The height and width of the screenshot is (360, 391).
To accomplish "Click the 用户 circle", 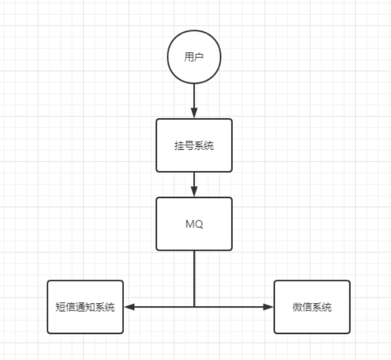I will point(194,57).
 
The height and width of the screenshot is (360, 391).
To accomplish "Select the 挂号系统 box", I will point(194,145).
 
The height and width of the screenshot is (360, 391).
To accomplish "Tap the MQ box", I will point(194,223).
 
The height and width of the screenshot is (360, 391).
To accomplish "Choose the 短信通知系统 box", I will point(85,307).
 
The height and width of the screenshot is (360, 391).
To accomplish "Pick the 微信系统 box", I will point(312,307).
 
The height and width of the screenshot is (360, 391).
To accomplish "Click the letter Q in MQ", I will point(199,224).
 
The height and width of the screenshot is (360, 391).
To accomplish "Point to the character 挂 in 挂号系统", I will point(179,146).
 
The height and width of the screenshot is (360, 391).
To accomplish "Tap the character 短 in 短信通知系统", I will point(59,307).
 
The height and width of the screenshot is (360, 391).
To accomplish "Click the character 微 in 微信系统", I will point(297,307).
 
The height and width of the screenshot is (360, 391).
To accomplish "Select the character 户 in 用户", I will point(199,58).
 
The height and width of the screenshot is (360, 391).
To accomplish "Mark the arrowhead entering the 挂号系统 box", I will point(194,114).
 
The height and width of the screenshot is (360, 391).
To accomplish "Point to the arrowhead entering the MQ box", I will point(194,192).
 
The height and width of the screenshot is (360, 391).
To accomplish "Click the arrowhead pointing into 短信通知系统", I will point(129,307).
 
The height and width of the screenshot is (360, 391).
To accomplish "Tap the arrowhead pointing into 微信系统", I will point(269,307).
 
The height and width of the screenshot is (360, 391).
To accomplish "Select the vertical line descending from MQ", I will point(194,278).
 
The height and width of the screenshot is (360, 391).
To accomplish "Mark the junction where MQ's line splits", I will point(194,307).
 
